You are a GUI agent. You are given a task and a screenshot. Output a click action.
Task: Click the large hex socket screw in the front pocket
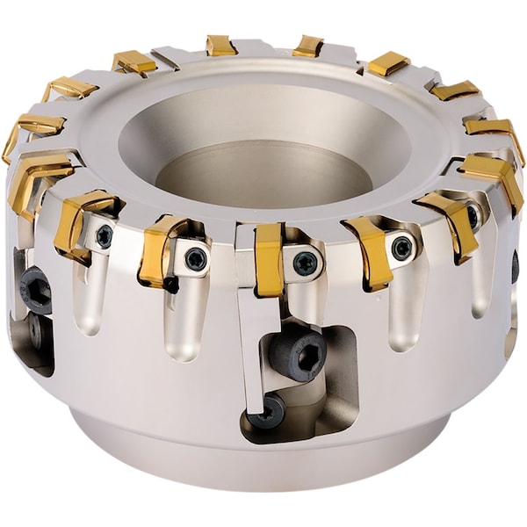click(297, 354)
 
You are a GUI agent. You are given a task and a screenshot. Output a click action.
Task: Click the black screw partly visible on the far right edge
click(516, 267)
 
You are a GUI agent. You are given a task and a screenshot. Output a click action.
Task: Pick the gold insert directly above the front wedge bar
click(269, 258)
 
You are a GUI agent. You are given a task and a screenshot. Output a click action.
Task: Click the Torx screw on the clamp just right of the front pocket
click(401, 248)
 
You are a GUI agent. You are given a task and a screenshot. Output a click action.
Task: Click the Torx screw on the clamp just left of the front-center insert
click(195, 258)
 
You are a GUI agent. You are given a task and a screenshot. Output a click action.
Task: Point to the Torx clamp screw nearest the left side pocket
click(104, 235)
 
